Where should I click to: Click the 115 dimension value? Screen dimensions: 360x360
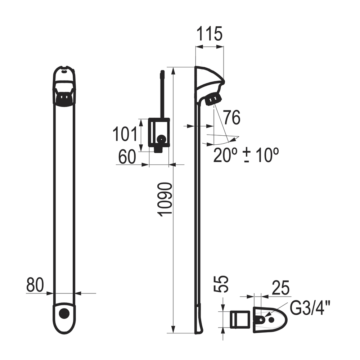click(210, 33)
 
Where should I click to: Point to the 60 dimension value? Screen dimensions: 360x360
click(127, 157)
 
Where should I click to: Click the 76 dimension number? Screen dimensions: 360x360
click(232, 117)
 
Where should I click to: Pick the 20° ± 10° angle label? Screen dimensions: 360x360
click(246, 155)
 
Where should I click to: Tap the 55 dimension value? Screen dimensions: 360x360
click(222, 284)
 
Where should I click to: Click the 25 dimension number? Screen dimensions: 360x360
click(280, 288)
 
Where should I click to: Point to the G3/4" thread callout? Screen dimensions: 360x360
click(310, 309)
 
